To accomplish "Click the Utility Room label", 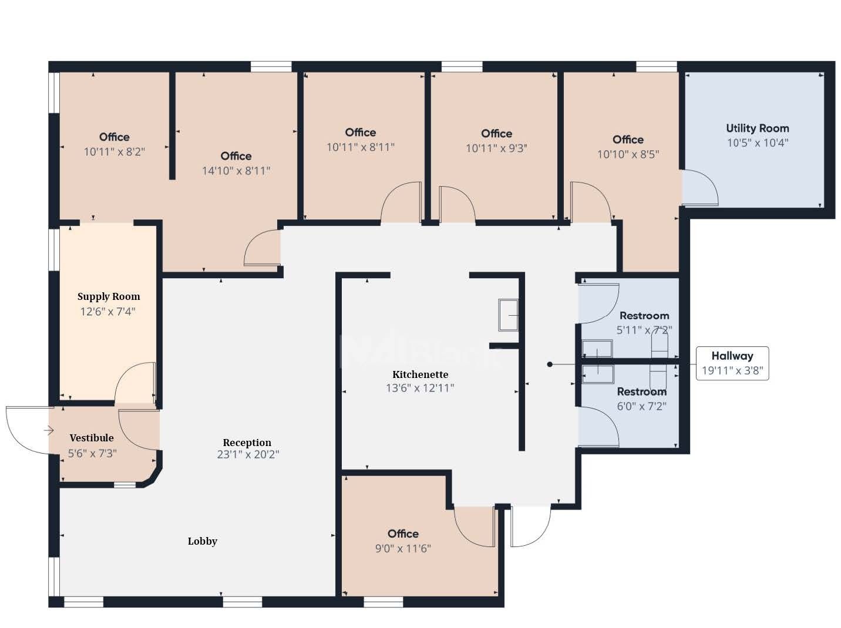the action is tap(757, 129).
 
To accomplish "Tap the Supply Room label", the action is tap(109, 297).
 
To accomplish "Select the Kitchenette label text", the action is tap(420, 374).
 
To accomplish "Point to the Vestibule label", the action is tap(92, 438).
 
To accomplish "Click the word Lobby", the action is tap(202, 541).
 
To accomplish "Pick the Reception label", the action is tap(247, 443).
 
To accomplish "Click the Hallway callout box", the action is tap(732, 363).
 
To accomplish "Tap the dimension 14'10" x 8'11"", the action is tap(236, 170).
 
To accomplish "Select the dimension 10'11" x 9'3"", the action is tap(496, 148).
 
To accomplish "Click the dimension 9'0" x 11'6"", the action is tap(403, 549).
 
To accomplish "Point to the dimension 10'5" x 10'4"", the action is tap(758, 143).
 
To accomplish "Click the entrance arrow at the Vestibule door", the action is tap(49, 431).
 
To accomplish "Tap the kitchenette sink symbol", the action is tap(508, 315).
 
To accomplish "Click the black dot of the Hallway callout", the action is tap(550, 364).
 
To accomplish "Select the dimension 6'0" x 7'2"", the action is tap(641, 406).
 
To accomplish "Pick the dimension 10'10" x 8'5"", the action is tap(628, 154).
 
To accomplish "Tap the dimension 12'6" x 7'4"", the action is tap(107, 312).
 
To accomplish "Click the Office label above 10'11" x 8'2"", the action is tap(114, 137).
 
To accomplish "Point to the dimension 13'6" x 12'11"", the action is tap(420, 388).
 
